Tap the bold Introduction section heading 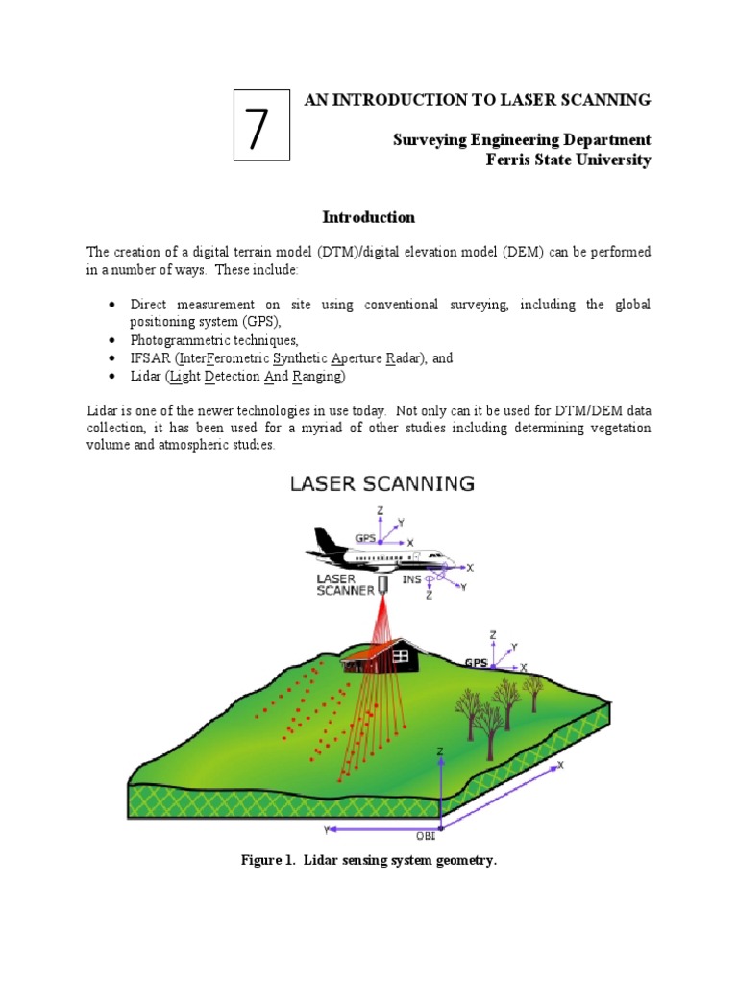368,217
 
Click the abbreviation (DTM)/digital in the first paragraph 337,252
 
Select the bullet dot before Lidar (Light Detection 112,376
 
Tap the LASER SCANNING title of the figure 382,484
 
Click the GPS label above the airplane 366,539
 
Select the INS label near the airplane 411,579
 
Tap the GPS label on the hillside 476,662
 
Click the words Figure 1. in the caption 269,860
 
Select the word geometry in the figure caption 462,860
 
